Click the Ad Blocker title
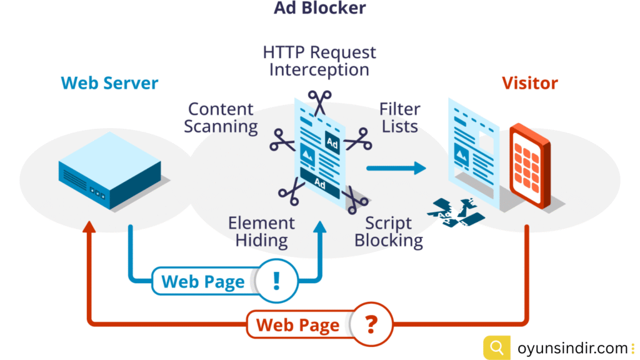tap(320, 8)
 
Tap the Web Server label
tap(109, 83)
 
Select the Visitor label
tap(529, 83)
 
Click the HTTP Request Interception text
tap(319, 60)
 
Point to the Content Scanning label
tap(221, 117)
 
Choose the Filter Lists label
tap(399, 117)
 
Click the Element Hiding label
tap(261, 231)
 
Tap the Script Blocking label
tap(389, 231)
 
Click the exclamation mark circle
tap(276, 281)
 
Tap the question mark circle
tap(371, 324)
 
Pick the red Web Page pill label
tap(298, 325)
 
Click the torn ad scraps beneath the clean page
tap(456, 212)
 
